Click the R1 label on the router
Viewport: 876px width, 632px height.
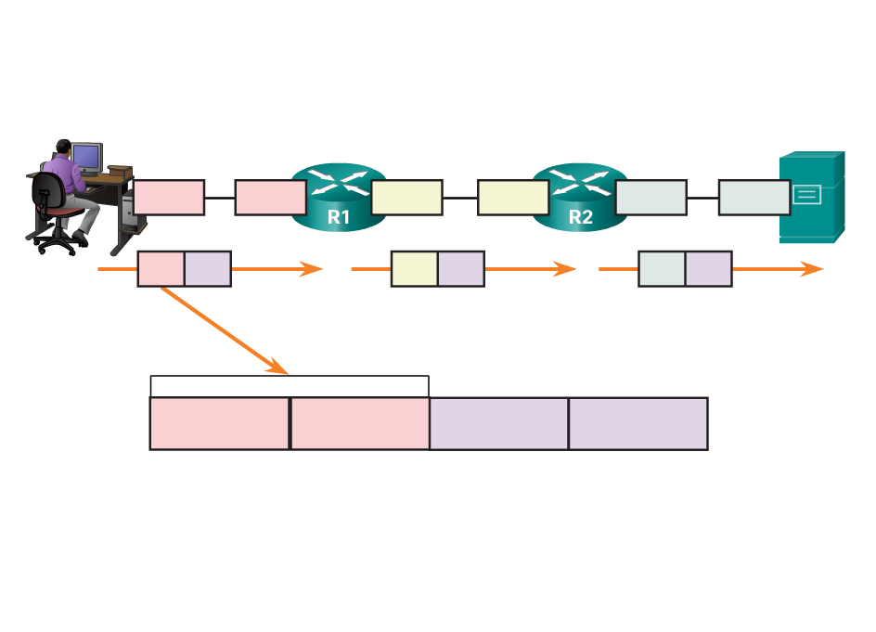(338, 218)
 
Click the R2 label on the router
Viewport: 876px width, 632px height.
(580, 218)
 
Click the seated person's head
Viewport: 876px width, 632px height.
(61, 147)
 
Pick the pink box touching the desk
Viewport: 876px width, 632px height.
(169, 198)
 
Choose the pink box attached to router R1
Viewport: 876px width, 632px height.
(270, 198)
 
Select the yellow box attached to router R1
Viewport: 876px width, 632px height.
(406, 198)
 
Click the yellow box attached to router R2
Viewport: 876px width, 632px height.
(513, 198)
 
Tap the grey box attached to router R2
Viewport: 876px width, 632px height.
(651, 198)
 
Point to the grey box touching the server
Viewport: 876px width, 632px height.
(754, 198)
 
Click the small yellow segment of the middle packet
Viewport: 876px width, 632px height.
(414, 269)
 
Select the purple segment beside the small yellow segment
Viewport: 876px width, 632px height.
(461, 269)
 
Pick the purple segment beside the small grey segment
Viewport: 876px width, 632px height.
(709, 269)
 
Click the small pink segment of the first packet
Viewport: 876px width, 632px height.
(161, 269)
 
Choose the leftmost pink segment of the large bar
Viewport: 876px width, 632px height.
(219, 424)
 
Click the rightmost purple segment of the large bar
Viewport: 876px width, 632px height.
(638, 424)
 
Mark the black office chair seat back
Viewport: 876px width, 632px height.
(47, 191)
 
